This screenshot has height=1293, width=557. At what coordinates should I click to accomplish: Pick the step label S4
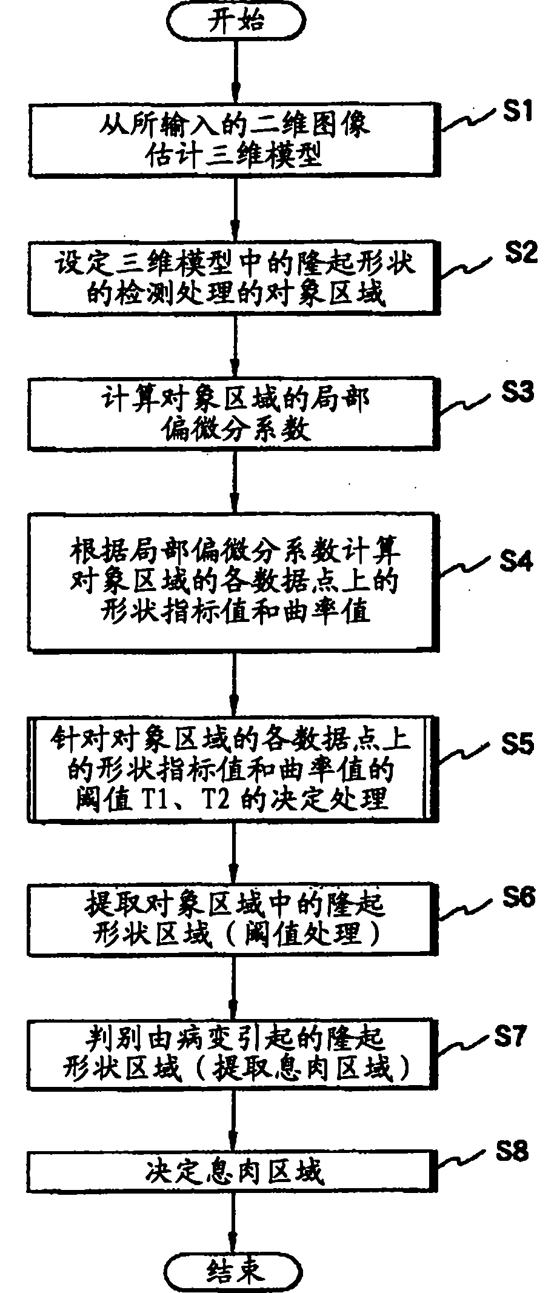point(516,561)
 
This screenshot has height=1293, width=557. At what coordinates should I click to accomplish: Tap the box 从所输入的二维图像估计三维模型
point(233,141)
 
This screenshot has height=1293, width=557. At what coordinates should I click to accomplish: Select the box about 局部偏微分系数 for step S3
point(233,415)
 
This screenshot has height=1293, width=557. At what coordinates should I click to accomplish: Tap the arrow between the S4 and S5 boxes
point(234,682)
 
